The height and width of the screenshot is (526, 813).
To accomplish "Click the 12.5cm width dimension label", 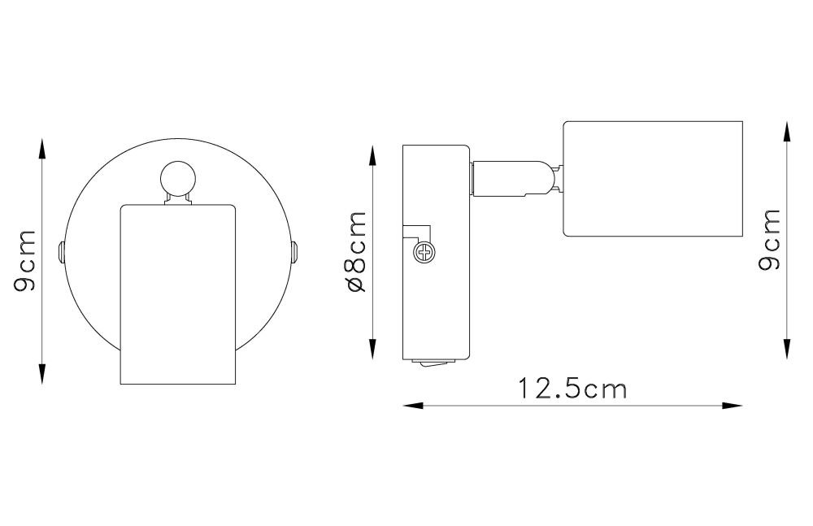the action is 572,389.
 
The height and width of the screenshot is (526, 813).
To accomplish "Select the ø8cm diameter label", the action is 357,251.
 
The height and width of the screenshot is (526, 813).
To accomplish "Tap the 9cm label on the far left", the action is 24,260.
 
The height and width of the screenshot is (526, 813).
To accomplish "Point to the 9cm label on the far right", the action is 769,240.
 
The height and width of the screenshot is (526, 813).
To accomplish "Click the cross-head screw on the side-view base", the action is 424,253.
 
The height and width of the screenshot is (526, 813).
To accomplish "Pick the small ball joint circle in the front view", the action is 177,178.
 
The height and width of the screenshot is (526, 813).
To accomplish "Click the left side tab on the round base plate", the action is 61,252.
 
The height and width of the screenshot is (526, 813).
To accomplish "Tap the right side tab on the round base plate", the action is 294,252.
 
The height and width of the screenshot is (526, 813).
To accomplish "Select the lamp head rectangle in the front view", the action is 178,294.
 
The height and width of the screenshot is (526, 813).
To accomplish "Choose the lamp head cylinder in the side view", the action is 654,178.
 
